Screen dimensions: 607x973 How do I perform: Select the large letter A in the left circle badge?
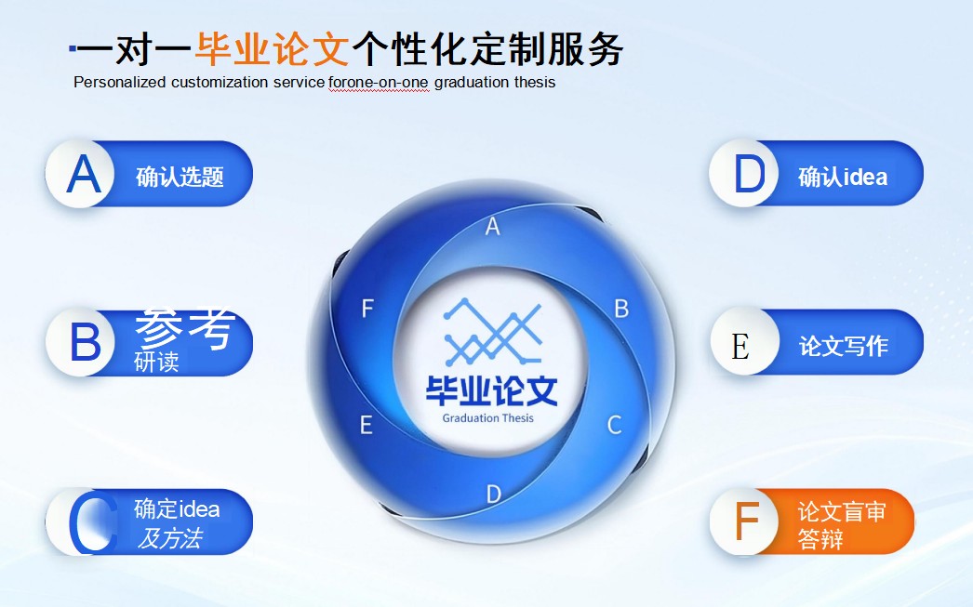pos(84,175)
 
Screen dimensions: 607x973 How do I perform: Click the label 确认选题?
pos(180,177)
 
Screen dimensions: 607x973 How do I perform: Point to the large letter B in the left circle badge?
pos(85,343)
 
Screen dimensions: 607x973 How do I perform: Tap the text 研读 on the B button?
pos(156,362)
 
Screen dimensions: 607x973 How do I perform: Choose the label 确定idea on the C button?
pos(177,508)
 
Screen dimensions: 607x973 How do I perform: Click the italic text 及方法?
pos(169,537)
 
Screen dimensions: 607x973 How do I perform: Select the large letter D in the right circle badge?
pos(749,175)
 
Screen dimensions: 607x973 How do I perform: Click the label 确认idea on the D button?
pos(842,177)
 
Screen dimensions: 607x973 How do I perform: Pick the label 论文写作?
pos(843,346)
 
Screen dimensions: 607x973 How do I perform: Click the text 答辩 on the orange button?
pos(820,538)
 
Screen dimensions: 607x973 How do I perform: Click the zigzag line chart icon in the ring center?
pos(492,331)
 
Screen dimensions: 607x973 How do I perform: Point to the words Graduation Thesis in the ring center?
pos(488,417)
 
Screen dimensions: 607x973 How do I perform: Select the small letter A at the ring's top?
pos(493,226)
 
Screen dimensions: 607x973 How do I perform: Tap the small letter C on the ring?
pos(614,425)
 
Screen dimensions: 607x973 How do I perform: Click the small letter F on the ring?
pos(367,309)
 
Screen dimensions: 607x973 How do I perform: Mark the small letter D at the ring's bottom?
pos(494,494)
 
